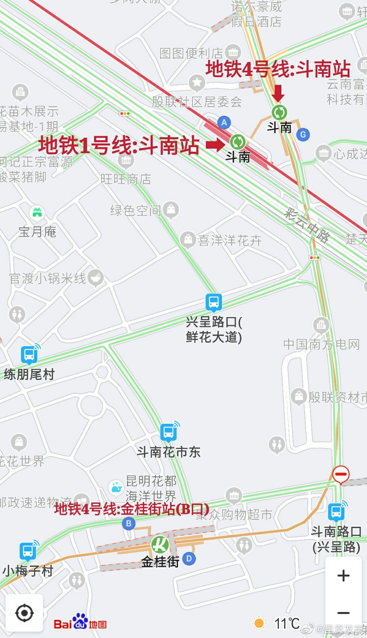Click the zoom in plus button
343,575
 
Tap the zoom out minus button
343,613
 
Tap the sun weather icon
259,623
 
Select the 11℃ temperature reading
287,623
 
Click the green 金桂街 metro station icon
160,544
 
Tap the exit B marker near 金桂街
128,523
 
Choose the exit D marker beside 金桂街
189,558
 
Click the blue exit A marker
224,122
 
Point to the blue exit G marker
303,135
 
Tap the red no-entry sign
340,474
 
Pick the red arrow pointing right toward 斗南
215,145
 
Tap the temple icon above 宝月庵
37,213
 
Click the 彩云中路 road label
307,225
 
